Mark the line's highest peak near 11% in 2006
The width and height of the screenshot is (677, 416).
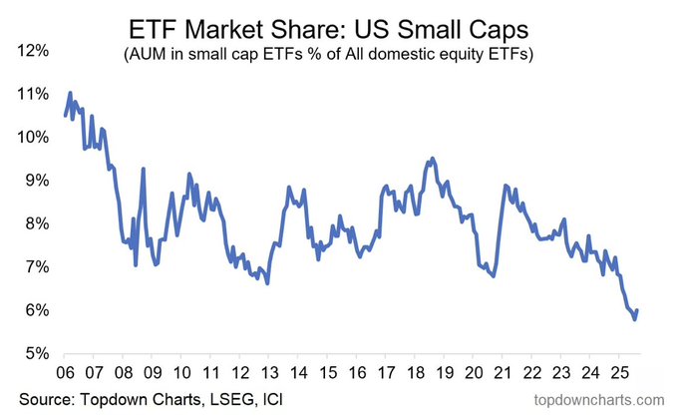click(x=70, y=93)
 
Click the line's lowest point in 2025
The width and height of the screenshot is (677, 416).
click(x=635, y=319)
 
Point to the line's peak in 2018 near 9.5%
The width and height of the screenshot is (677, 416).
click(x=431, y=158)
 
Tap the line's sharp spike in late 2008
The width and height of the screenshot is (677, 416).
click(x=143, y=169)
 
